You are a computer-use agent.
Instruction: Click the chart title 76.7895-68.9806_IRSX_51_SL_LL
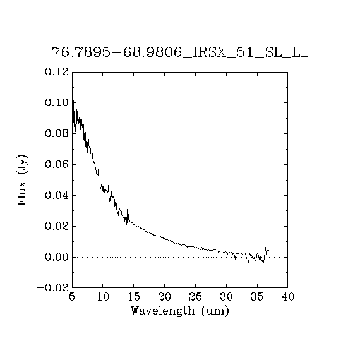click(x=180, y=52)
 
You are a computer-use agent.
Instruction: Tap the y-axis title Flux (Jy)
click(x=22, y=180)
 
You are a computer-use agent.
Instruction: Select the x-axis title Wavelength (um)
click(x=180, y=311)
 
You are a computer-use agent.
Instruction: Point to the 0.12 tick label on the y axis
click(x=57, y=71)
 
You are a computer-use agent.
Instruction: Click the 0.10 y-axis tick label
click(x=57, y=102)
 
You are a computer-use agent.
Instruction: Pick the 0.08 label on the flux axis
click(x=57, y=133)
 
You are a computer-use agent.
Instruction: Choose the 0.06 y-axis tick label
click(x=57, y=164)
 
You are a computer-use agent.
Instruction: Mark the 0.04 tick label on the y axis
click(x=57, y=195)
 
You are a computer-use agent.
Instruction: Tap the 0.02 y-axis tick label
click(x=57, y=226)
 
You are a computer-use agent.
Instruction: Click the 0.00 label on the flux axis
click(x=57, y=257)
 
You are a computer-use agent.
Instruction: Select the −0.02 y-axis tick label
click(x=52, y=288)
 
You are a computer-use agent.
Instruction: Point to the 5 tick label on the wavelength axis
click(x=72, y=297)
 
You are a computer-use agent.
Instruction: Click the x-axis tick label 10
click(x=103, y=297)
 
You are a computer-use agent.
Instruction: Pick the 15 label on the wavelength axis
click(x=134, y=297)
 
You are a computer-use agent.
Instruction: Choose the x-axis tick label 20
click(x=165, y=297)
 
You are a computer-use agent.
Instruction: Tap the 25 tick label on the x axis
click(x=196, y=297)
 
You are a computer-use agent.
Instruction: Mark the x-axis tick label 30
click(x=226, y=297)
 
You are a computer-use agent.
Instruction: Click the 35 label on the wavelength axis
click(x=257, y=297)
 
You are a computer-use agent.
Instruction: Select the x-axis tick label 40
click(x=288, y=297)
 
